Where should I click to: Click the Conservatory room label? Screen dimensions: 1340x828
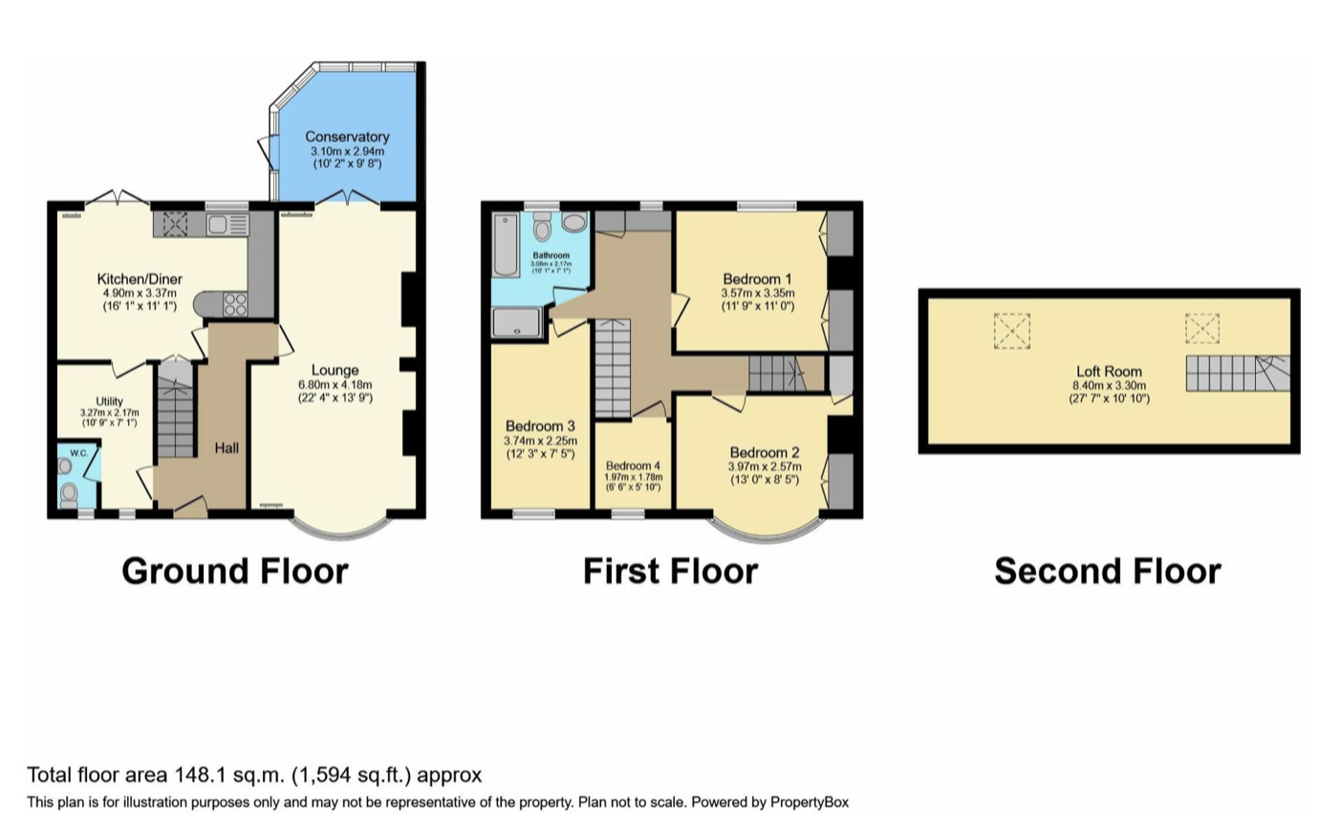pos(347,137)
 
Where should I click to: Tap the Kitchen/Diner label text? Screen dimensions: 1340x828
pos(140,279)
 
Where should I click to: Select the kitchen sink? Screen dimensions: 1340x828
pos(227,225)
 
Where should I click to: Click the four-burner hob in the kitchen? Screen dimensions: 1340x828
pos(234,304)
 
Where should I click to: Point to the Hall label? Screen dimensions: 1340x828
pos(227,447)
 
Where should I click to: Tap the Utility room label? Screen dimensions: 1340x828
pos(110,402)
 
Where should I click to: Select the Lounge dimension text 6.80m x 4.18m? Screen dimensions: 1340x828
pos(335,384)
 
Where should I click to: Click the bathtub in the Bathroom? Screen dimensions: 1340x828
pos(507,246)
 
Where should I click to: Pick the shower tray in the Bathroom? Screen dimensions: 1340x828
pos(516,323)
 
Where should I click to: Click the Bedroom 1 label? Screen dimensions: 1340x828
pos(757,279)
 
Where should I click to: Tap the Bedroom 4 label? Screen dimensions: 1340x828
pos(633,466)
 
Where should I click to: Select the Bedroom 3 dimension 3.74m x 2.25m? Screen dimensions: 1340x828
pos(540,441)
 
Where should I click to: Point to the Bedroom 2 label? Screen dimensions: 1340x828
pos(765,452)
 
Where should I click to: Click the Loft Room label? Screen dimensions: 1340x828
pos(1109,372)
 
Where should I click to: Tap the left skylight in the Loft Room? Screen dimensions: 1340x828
pos(1011,331)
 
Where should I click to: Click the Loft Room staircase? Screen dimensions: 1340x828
pos(1238,373)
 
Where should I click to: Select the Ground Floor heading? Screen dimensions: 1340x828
pos(235,571)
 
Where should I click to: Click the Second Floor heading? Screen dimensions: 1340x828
pos(1108,571)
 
